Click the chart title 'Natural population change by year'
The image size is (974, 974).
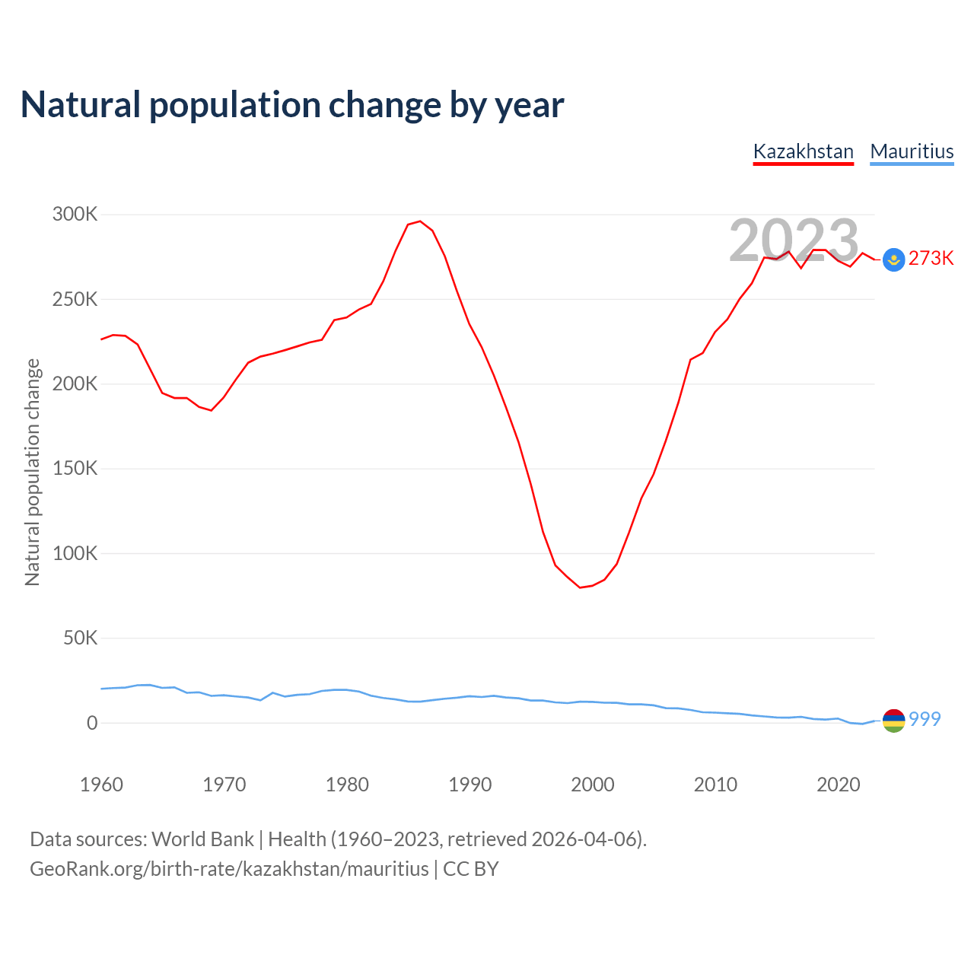(x=292, y=105)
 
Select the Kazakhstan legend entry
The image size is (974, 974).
(x=803, y=151)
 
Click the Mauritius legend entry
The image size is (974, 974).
(x=912, y=151)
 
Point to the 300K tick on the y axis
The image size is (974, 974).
(x=75, y=215)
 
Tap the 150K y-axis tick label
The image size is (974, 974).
(x=75, y=469)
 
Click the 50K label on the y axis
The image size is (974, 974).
(x=80, y=638)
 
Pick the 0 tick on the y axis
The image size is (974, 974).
(x=92, y=723)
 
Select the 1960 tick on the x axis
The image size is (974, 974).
(x=101, y=785)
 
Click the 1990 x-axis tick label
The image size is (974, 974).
(x=469, y=785)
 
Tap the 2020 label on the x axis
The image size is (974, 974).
(x=838, y=785)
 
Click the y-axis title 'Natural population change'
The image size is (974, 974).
(x=32, y=472)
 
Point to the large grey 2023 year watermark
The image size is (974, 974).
(x=794, y=240)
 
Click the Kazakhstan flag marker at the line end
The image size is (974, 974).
(x=893, y=260)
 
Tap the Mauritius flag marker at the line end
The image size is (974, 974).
(x=893, y=720)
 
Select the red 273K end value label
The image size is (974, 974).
(x=931, y=259)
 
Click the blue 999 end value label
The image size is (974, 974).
(x=925, y=719)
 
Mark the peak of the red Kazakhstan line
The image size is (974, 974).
(x=420, y=221)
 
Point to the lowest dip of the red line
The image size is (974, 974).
(x=580, y=587)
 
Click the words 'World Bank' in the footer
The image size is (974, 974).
(x=202, y=839)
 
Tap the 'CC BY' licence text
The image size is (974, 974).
(x=471, y=869)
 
